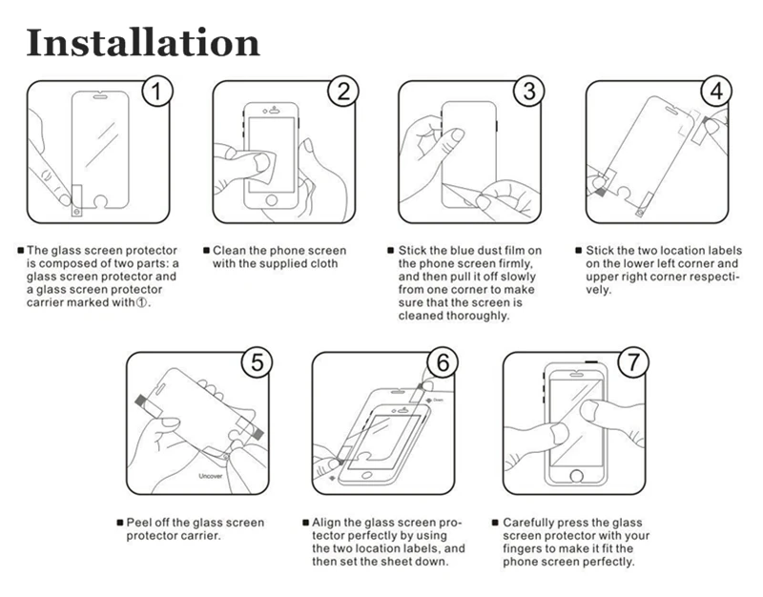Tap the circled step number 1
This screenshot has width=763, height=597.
coord(158,93)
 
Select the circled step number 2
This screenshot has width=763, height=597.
coord(344,93)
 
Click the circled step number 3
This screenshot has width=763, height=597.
coord(529,93)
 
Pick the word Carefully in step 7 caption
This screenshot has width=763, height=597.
coord(530,524)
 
